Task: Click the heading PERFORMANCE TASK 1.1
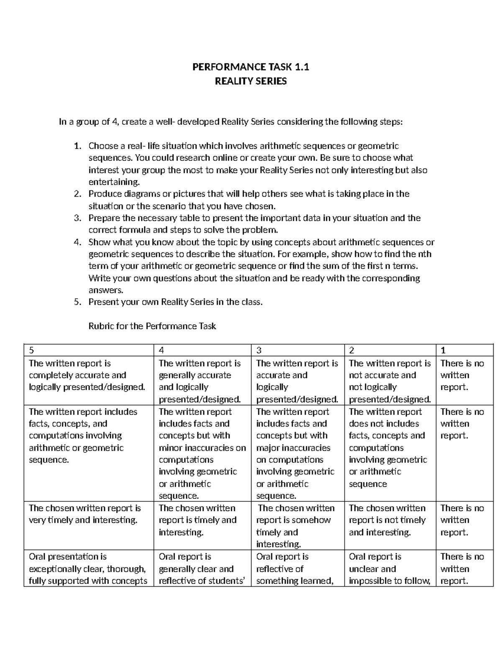(x=250, y=67)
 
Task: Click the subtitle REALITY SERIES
(x=251, y=81)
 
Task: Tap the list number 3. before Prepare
(x=77, y=218)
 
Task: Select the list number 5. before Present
(x=77, y=302)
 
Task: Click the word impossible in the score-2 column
(x=370, y=581)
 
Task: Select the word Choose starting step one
(x=103, y=146)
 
